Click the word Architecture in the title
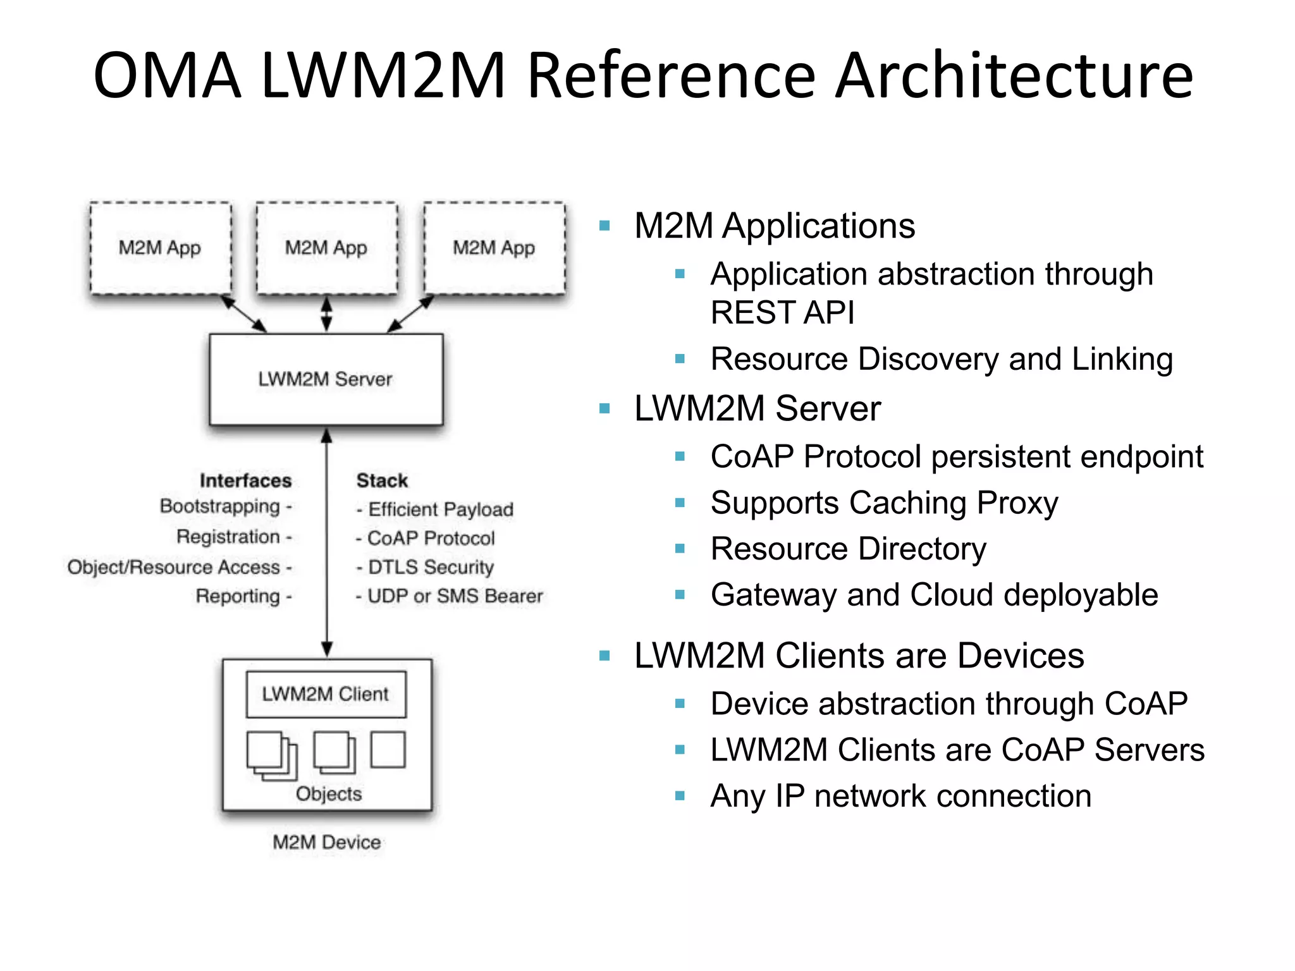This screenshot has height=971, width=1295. coord(1014,76)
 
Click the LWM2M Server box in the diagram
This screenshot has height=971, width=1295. coord(326,379)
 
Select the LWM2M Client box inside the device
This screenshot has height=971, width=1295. coord(326,694)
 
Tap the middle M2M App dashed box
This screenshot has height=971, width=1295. coord(326,248)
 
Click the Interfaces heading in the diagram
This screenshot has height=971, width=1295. coord(245,480)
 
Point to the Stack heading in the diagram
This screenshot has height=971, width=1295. coord(382,480)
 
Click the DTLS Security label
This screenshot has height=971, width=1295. coord(430,567)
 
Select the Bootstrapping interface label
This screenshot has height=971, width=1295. coord(220,506)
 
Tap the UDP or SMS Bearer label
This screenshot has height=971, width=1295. coord(455,596)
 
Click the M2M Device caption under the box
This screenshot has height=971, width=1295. coord(326,842)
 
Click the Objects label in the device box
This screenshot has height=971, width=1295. coord(329,794)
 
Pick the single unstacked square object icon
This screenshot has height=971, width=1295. coord(388,750)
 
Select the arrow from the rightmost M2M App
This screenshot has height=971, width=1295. coord(410,314)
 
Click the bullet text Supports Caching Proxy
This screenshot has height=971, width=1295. coord(884,503)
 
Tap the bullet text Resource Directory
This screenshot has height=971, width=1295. coord(848,549)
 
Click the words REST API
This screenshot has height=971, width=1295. coord(782,312)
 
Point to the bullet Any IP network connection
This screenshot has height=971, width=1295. coord(900,796)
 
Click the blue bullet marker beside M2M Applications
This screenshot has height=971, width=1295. coord(605,226)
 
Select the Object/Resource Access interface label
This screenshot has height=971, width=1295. coord(174,567)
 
